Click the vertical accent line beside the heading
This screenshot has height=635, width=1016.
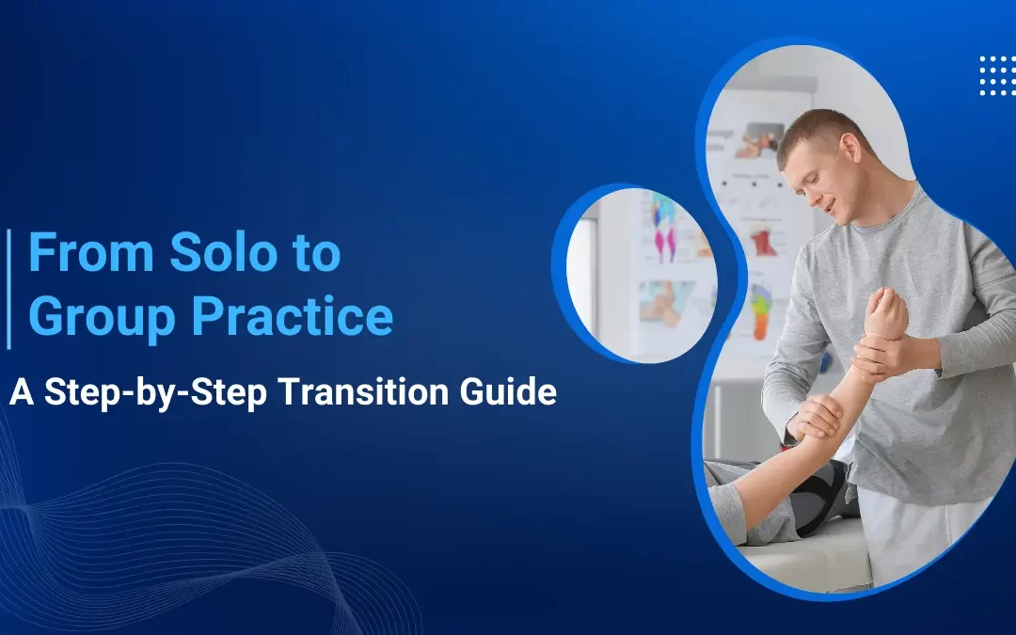click(x=8, y=288)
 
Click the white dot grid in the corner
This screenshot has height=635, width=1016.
click(x=996, y=75)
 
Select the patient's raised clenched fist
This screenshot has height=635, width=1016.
click(x=887, y=313)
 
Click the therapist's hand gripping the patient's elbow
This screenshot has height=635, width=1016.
click(x=817, y=418)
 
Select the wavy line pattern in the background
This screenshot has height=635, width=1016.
click(x=141, y=536)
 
